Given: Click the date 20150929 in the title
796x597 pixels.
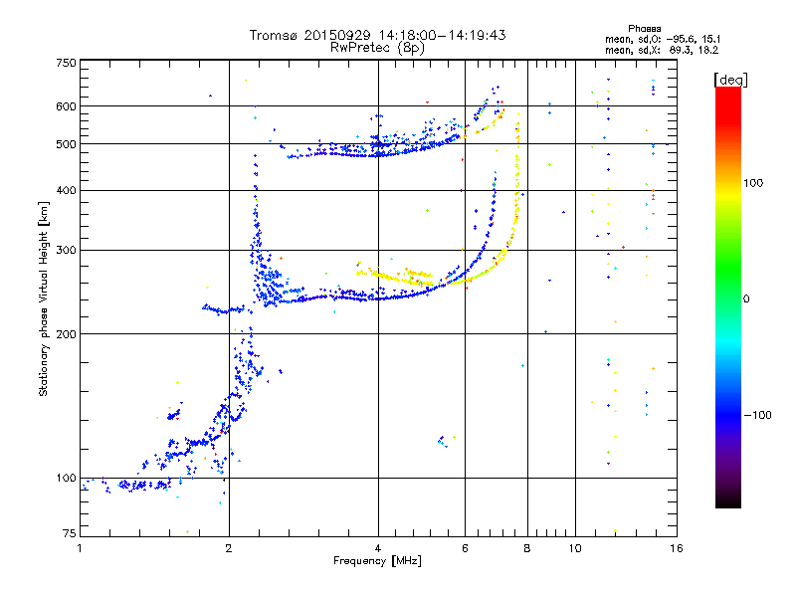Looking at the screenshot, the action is (x=337, y=35).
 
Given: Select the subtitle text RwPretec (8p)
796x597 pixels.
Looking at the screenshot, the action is (x=377, y=48).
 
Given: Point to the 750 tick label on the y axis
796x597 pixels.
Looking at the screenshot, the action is (x=66, y=63).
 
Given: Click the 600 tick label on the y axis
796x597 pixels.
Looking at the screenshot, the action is (x=66, y=106).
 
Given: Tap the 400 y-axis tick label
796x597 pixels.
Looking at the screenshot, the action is (x=66, y=190).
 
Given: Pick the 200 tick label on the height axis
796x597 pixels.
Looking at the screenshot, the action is (x=66, y=334).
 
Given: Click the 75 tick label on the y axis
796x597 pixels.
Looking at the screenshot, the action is (x=70, y=533).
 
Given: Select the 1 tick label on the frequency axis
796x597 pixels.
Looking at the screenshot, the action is (x=81, y=548).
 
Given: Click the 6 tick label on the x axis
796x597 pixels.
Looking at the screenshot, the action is (x=465, y=548).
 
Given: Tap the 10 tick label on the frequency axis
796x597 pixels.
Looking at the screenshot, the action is (x=575, y=548).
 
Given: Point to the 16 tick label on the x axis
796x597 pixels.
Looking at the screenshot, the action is (x=677, y=548).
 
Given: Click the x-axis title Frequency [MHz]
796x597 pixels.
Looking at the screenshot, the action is (x=377, y=561).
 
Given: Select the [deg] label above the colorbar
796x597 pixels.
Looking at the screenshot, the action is (x=730, y=80).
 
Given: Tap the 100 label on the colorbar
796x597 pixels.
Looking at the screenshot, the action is (x=753, y=183).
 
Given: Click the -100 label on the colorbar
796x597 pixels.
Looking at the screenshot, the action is (x=757, y=415).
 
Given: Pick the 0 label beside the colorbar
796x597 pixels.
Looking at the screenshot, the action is (x=746, y=299).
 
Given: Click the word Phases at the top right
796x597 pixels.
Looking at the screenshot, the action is (x=644, y=29).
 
